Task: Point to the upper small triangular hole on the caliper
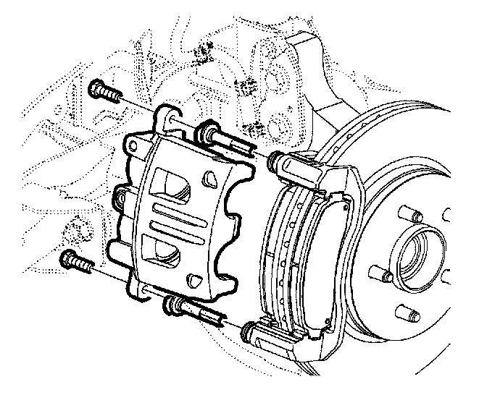coord(210,177)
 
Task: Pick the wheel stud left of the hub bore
coord(375,274)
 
